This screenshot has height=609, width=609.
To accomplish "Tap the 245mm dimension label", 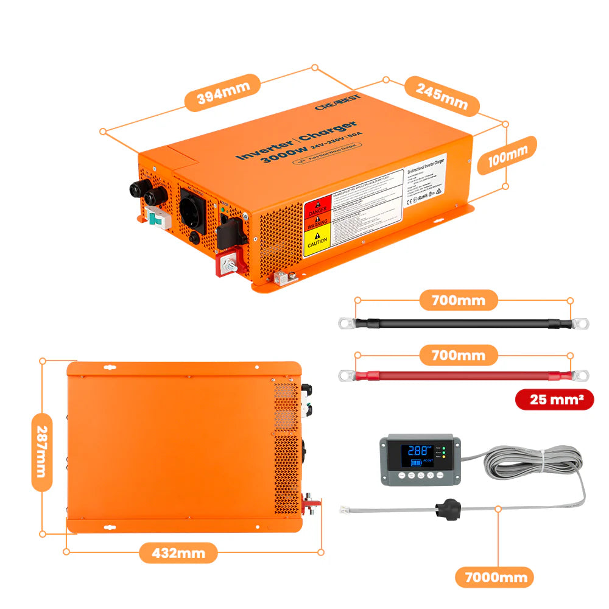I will (442, 94).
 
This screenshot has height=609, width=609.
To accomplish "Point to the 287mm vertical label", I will (41, 446).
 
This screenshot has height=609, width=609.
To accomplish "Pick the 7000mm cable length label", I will (495, 577).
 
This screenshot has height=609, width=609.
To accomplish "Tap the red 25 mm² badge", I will (554, 400).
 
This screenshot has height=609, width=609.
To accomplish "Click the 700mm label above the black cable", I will (458, 300).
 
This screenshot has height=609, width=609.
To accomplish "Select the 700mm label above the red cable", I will (458, 355).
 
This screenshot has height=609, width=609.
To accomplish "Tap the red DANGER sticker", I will (316, 208).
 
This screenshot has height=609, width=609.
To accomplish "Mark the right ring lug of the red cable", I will (581, 375).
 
